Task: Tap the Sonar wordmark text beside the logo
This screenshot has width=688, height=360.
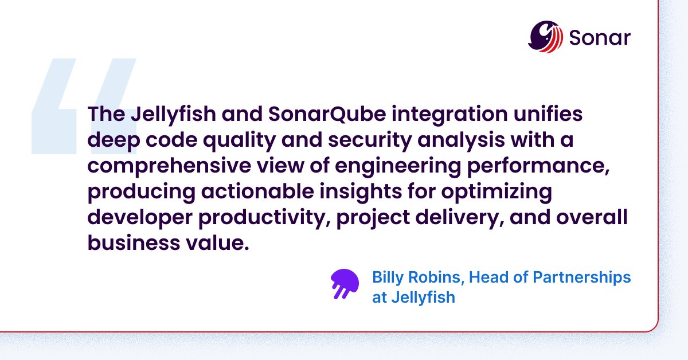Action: click(x=600, y=38)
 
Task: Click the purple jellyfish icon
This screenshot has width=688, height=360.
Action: click(x=344, y=284)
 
